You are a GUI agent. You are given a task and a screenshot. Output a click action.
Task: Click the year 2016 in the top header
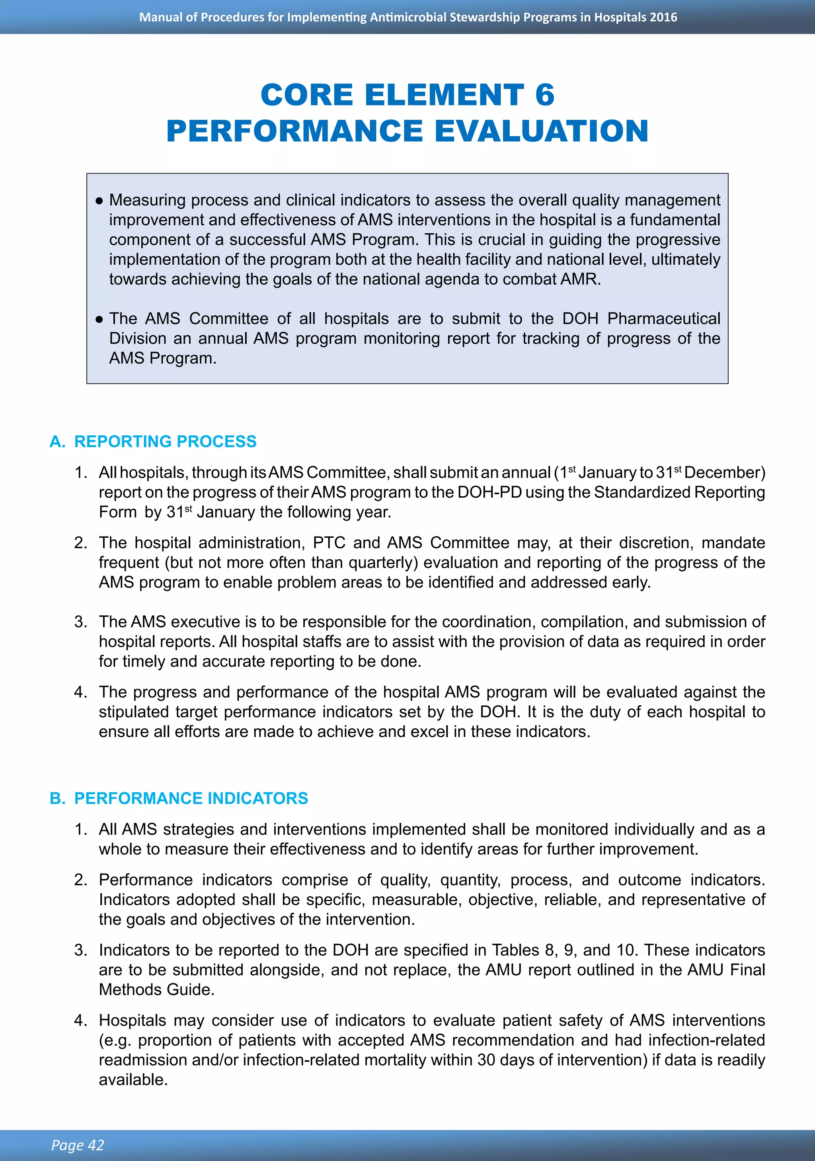[663, 17]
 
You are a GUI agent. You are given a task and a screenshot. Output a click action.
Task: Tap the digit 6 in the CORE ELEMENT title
[544, 95]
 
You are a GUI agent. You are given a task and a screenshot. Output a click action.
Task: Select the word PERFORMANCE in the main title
[294, 131]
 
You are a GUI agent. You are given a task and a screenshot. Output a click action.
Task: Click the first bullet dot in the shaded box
[99, 201]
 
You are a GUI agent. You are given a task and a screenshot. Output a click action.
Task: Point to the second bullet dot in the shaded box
[99, 320]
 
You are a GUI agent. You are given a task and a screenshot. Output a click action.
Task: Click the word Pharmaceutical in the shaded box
[663, 318]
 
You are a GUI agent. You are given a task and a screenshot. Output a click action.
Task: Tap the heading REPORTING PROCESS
[165, 441]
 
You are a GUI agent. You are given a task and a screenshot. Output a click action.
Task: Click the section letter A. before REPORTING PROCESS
[57, 441]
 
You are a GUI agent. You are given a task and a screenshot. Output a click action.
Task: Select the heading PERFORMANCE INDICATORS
[191, 798]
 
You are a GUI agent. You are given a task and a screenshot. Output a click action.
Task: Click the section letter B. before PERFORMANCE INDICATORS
[57, 798]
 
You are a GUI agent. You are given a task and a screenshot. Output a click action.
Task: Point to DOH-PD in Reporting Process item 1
[489, 492]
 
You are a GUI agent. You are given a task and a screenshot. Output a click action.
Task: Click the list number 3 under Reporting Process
[80, 621]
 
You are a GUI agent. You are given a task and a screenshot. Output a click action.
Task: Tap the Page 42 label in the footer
[77, 1145]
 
